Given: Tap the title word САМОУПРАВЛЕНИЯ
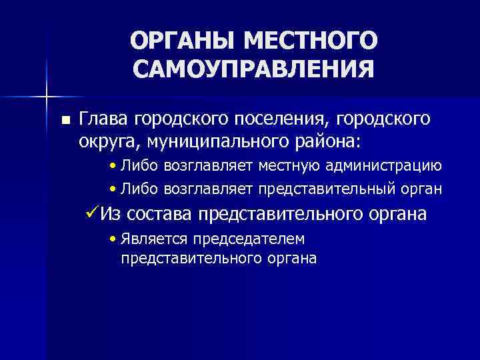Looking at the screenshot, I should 253,69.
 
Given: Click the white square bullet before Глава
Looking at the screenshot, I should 65,120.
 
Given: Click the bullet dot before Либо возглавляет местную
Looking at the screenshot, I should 115,166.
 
